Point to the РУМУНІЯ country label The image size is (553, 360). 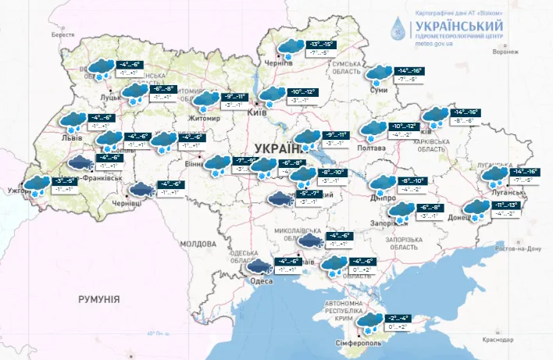pyautogui.click(x=98, y=299)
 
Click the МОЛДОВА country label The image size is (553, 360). pyautogui.click(x=192, y=244)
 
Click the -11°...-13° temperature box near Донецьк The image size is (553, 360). pyautogui.click(x=503, y=205)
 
